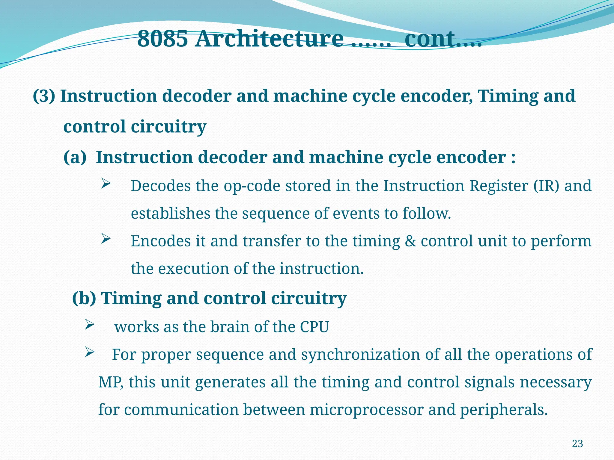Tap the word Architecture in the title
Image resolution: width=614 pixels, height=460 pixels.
269,39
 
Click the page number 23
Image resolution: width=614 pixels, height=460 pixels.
577,444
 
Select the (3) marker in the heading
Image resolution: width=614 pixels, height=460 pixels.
44,96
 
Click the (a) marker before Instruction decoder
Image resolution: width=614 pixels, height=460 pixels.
75,157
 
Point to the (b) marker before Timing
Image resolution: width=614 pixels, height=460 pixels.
84,298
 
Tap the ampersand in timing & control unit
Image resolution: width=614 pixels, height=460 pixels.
410,241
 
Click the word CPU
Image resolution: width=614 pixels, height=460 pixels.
314,327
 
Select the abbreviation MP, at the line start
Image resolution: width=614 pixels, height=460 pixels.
111,382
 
